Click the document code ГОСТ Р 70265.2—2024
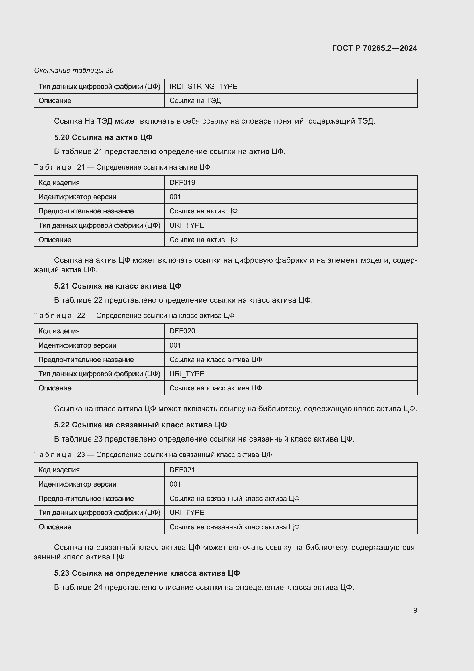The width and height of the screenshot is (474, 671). click(x=375, y=48)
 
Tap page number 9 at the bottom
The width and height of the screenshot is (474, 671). click(x=415, y=610)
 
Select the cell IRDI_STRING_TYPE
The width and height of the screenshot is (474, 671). click(x=203, y=87)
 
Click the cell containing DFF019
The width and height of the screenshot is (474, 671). click(x=182, y=183)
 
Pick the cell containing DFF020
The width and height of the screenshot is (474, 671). click(x=182, y=331)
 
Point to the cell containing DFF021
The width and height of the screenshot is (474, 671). click(x=182, y=470)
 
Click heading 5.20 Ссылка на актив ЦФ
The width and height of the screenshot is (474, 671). click(x=103, y=137)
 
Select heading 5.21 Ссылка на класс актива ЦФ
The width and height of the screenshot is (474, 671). click(x=117, y=286)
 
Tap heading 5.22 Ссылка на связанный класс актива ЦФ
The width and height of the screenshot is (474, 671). click(x=140, y=425)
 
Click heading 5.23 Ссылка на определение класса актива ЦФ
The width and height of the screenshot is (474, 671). click(x=147, y=573)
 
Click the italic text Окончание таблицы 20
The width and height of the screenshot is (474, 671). click(x=74, y=71)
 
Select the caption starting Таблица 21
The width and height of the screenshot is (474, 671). click(x=122, y=167)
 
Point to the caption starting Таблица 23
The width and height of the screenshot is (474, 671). click(x=153, y=454)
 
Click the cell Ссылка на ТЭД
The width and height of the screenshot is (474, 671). click(x=195, y=100)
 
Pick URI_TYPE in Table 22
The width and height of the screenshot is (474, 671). click(x=187, y=374)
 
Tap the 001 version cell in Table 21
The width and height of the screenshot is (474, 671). click(x=175, y=197)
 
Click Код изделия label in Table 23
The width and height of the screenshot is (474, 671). click(x=59, y=470)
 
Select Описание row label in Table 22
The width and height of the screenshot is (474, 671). click(x=55, y=388)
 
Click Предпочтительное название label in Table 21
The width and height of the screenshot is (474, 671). click(x=86, y=211)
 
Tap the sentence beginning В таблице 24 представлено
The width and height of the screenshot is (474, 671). click(x=204, y=587)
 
